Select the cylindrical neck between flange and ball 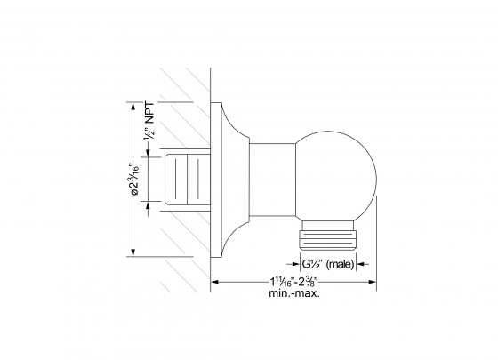(270, 181)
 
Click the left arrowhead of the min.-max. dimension (215, 284)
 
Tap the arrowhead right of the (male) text (361, 265)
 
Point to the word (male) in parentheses (341, 265)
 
